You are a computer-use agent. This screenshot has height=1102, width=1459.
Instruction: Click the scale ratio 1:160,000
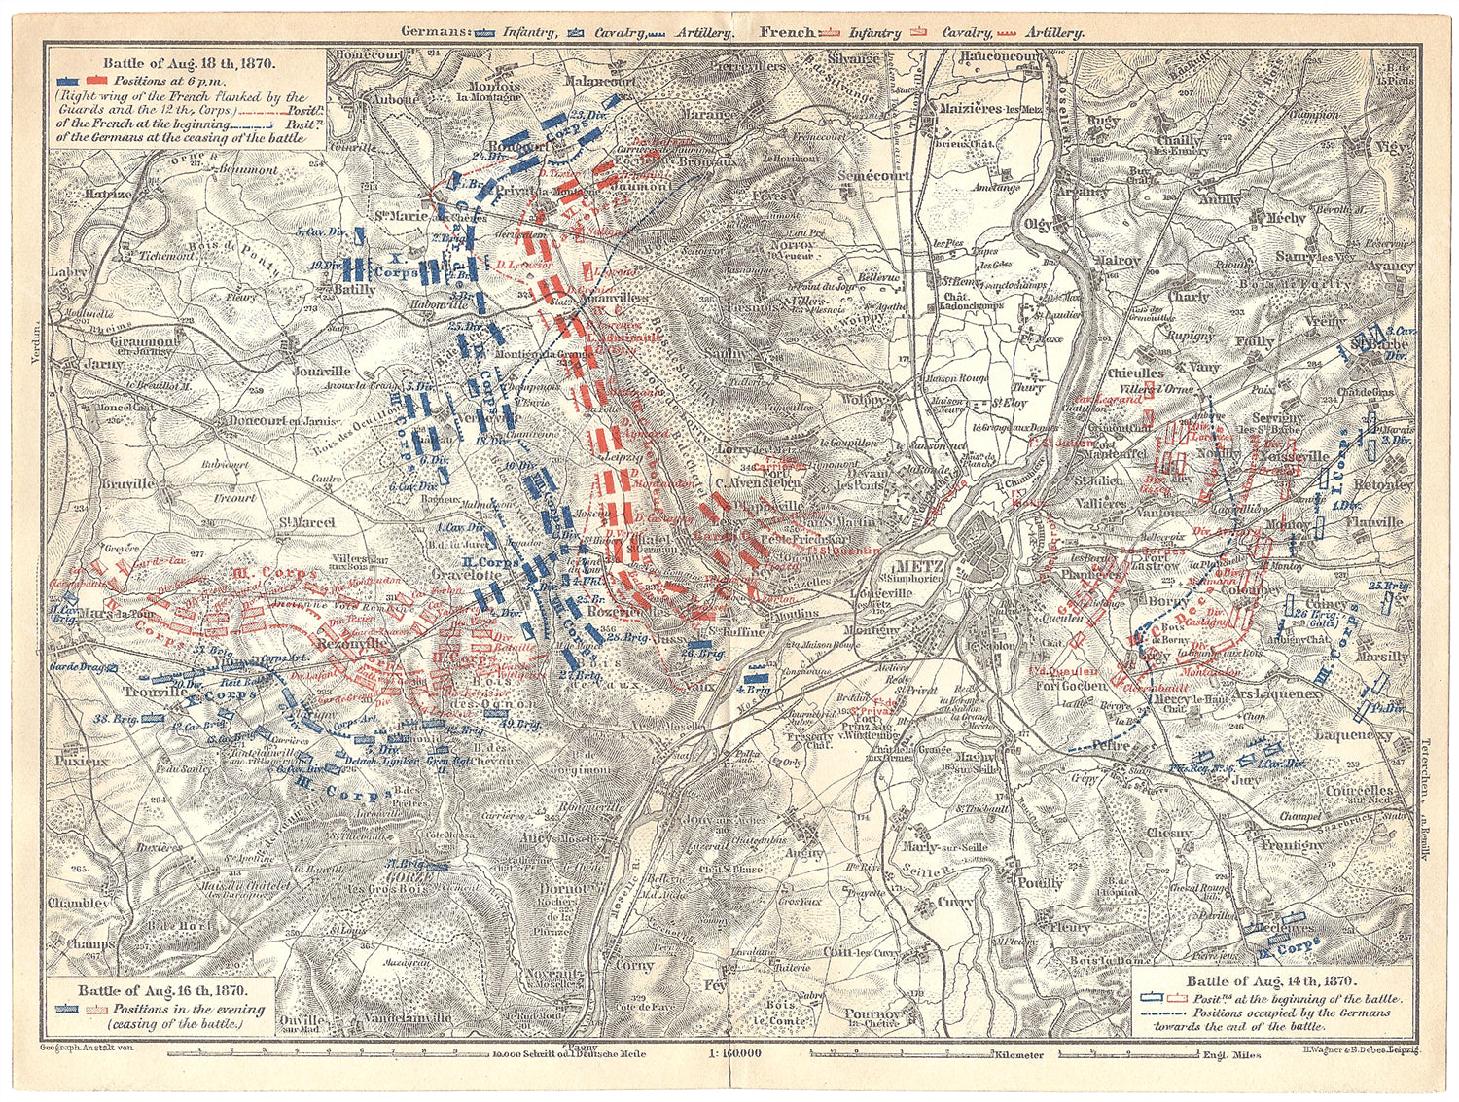click(x=729, y=1053)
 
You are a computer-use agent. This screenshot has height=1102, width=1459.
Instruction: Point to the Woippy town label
click(x=864, y=400)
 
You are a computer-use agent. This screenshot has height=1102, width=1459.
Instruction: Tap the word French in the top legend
click(x=788, y=32)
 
